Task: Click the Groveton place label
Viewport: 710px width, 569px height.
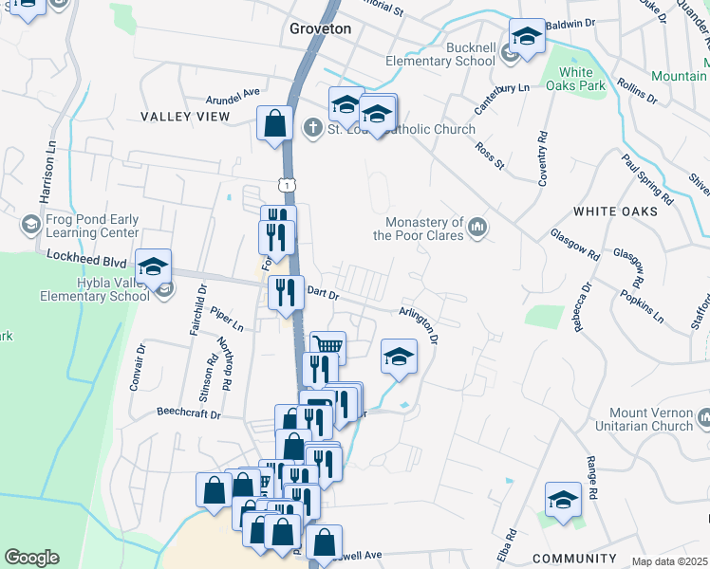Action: (320, 29)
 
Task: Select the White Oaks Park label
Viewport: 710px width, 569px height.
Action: (582, 79)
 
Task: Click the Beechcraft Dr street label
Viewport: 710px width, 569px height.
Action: (188, 414)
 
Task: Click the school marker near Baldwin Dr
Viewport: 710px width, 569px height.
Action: (527, 37)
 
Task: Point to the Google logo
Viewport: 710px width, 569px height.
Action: (31, 558)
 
